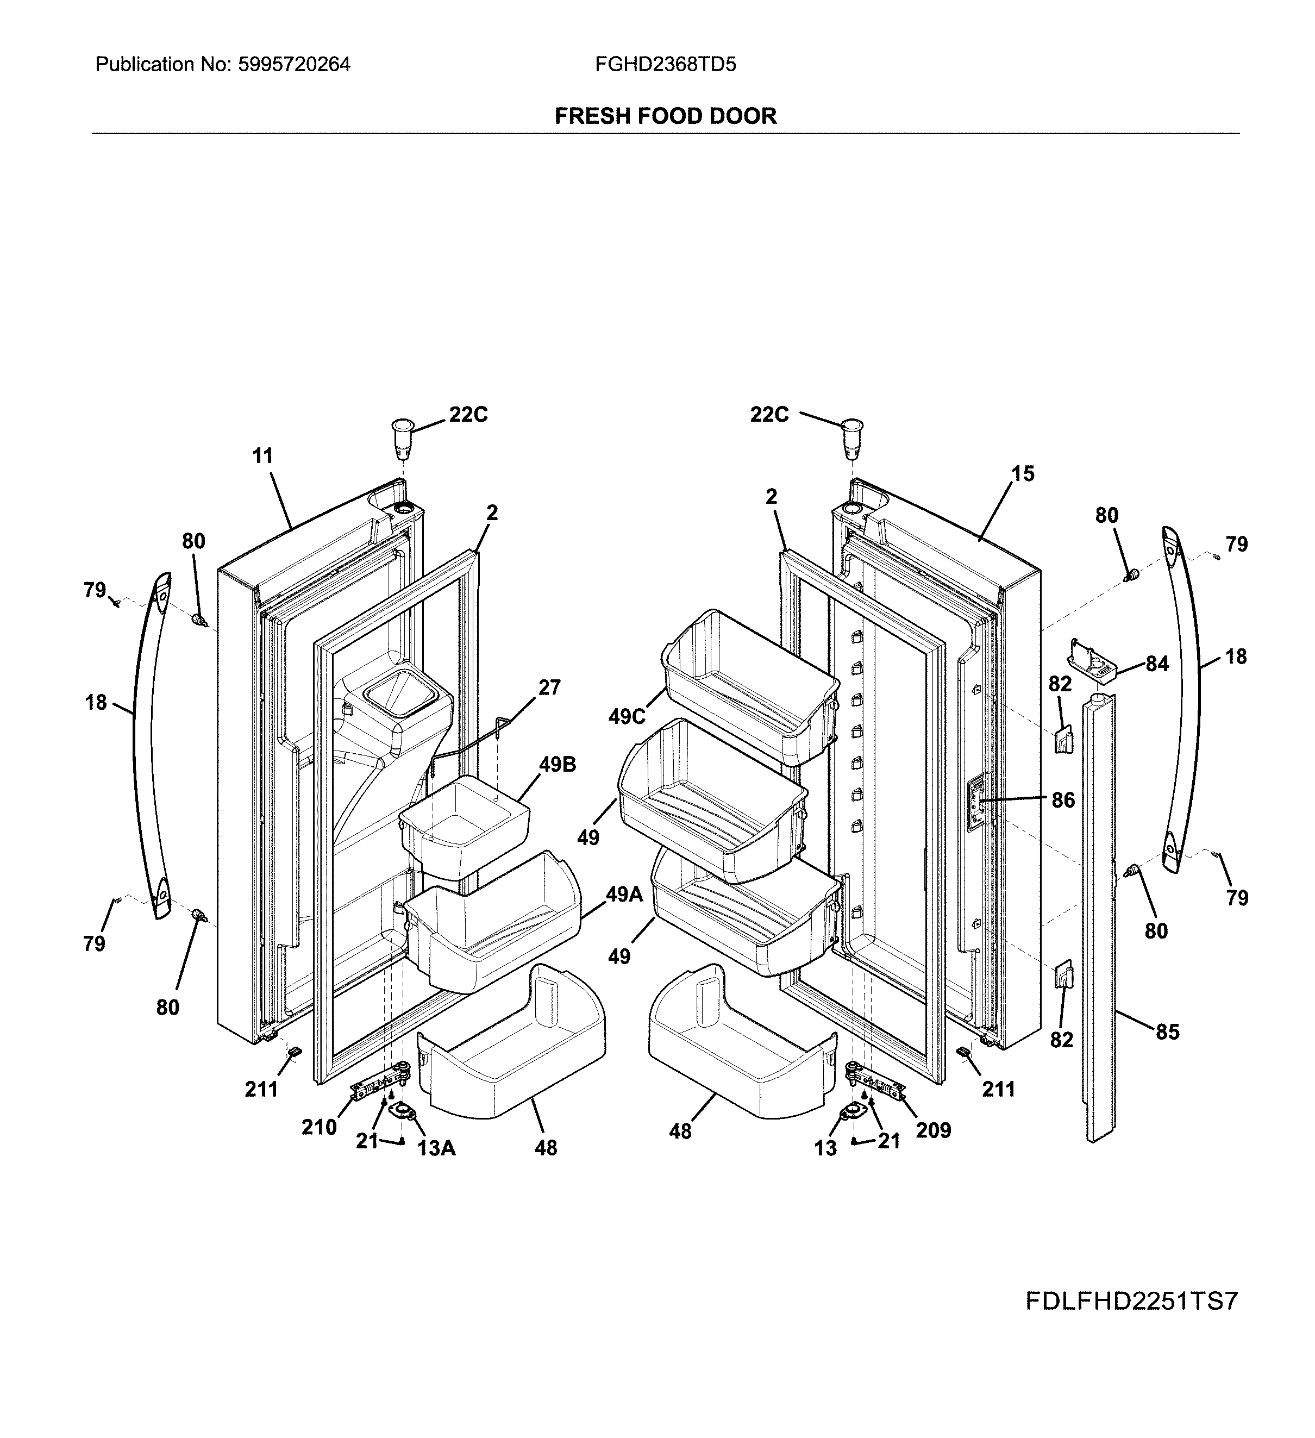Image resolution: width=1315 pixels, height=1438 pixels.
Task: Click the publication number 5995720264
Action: click(294, 65)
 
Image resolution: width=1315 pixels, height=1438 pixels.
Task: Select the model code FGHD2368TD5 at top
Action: click(665, 65)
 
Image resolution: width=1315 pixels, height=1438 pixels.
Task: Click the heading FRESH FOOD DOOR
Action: click(665, 116)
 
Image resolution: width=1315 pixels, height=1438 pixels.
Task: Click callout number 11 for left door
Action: click(262, 456)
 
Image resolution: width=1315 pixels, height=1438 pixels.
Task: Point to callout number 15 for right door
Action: click(1023, 474)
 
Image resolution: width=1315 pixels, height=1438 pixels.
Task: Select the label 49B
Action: click(557, 765)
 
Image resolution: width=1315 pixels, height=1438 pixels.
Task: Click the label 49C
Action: click(627, 717)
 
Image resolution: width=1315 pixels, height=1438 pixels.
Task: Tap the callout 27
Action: click(549, 687)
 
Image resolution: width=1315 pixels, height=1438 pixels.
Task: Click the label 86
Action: click(1062, 801)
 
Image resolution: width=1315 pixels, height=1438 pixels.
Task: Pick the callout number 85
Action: click(1167, 1032)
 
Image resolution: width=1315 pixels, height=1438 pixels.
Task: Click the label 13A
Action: click(436, 1148)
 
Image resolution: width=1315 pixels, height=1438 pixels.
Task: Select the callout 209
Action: click(933, 1130)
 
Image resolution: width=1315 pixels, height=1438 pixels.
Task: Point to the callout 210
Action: click(319, 1128)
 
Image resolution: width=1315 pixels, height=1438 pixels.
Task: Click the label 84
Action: click(1157, 664)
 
